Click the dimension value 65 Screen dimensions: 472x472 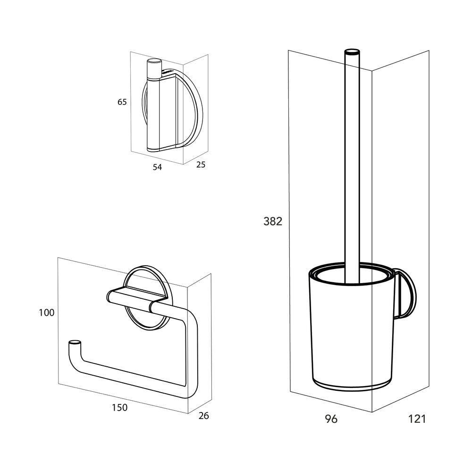coord(122,102)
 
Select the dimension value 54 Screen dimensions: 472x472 coord(157,167)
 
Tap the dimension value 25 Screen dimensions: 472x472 coord(201,165)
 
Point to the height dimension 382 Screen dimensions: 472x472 coord(273,221)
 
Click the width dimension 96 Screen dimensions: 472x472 coord(332,419)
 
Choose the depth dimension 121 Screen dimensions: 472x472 coord(417,419)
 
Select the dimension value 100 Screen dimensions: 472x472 coord(47,312)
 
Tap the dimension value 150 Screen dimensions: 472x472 coord(120,407)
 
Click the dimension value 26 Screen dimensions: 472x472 coord(204,416)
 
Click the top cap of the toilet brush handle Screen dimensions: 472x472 coord(351,52)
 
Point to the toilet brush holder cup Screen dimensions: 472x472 coord(349,330)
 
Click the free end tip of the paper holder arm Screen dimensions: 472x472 coord(74,343)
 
